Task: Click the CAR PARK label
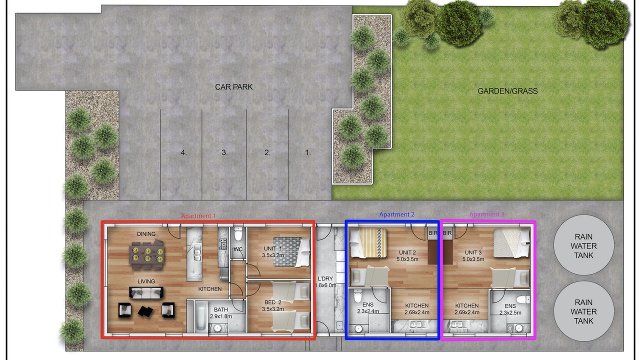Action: click(233, 87)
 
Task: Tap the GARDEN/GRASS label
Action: click(507, 91)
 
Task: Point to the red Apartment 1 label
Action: click(198, 216)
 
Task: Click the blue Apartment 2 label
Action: click(396, 214)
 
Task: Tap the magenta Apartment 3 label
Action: click(487, 214)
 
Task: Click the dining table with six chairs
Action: click(147, 255)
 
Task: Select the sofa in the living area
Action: click(146, 292)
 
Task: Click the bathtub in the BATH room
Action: click(201, 316)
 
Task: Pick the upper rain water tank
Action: click(583, 245)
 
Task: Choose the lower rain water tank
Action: click(583, 311)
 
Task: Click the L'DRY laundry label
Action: click(325, 278)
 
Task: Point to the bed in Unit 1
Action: click(291, 252)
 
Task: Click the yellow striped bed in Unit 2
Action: click(368, 242)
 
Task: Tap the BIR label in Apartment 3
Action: click(447, 233)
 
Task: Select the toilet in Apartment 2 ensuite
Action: click(357, 296)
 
